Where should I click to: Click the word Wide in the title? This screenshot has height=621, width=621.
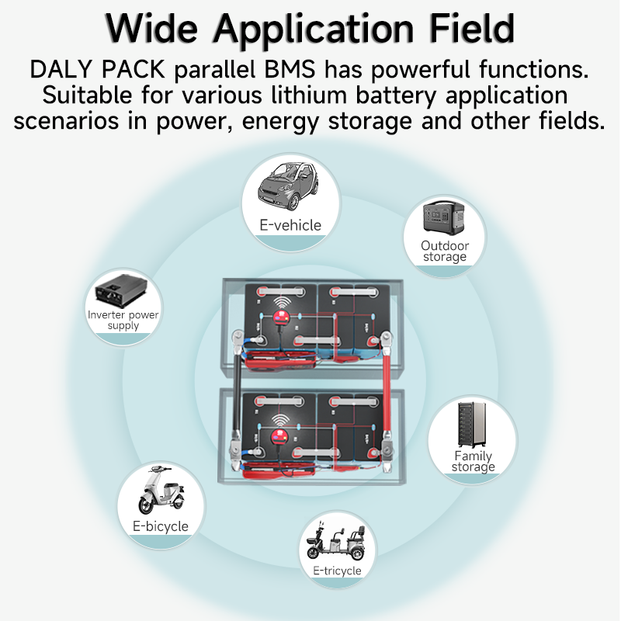click(151, 29)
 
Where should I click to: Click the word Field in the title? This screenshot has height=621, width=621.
click(472, 29)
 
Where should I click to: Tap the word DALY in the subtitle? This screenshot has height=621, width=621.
click(61, 69)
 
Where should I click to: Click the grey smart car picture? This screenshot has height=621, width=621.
click(288, 186)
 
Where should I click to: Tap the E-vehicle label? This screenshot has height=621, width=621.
click(290, 225)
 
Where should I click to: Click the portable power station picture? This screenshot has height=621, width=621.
click(443, 218)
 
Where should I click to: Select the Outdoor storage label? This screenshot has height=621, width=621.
click(445, 251)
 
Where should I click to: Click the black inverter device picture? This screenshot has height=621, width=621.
click(121, 290)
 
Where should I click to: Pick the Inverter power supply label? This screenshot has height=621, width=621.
click(123, 320)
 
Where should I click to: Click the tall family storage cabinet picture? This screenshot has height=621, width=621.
click(472, 425)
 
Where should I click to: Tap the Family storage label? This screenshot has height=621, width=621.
click(474, 461)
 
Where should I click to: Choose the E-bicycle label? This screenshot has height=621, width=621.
click(161, 526)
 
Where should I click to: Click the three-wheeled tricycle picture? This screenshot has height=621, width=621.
click(336, 541)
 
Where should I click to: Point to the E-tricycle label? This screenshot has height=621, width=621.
click(337, 571)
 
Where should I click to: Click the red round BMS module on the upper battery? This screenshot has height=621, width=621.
click(281, 317)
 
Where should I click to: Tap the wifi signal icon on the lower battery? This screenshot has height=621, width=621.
click(281, 421)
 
